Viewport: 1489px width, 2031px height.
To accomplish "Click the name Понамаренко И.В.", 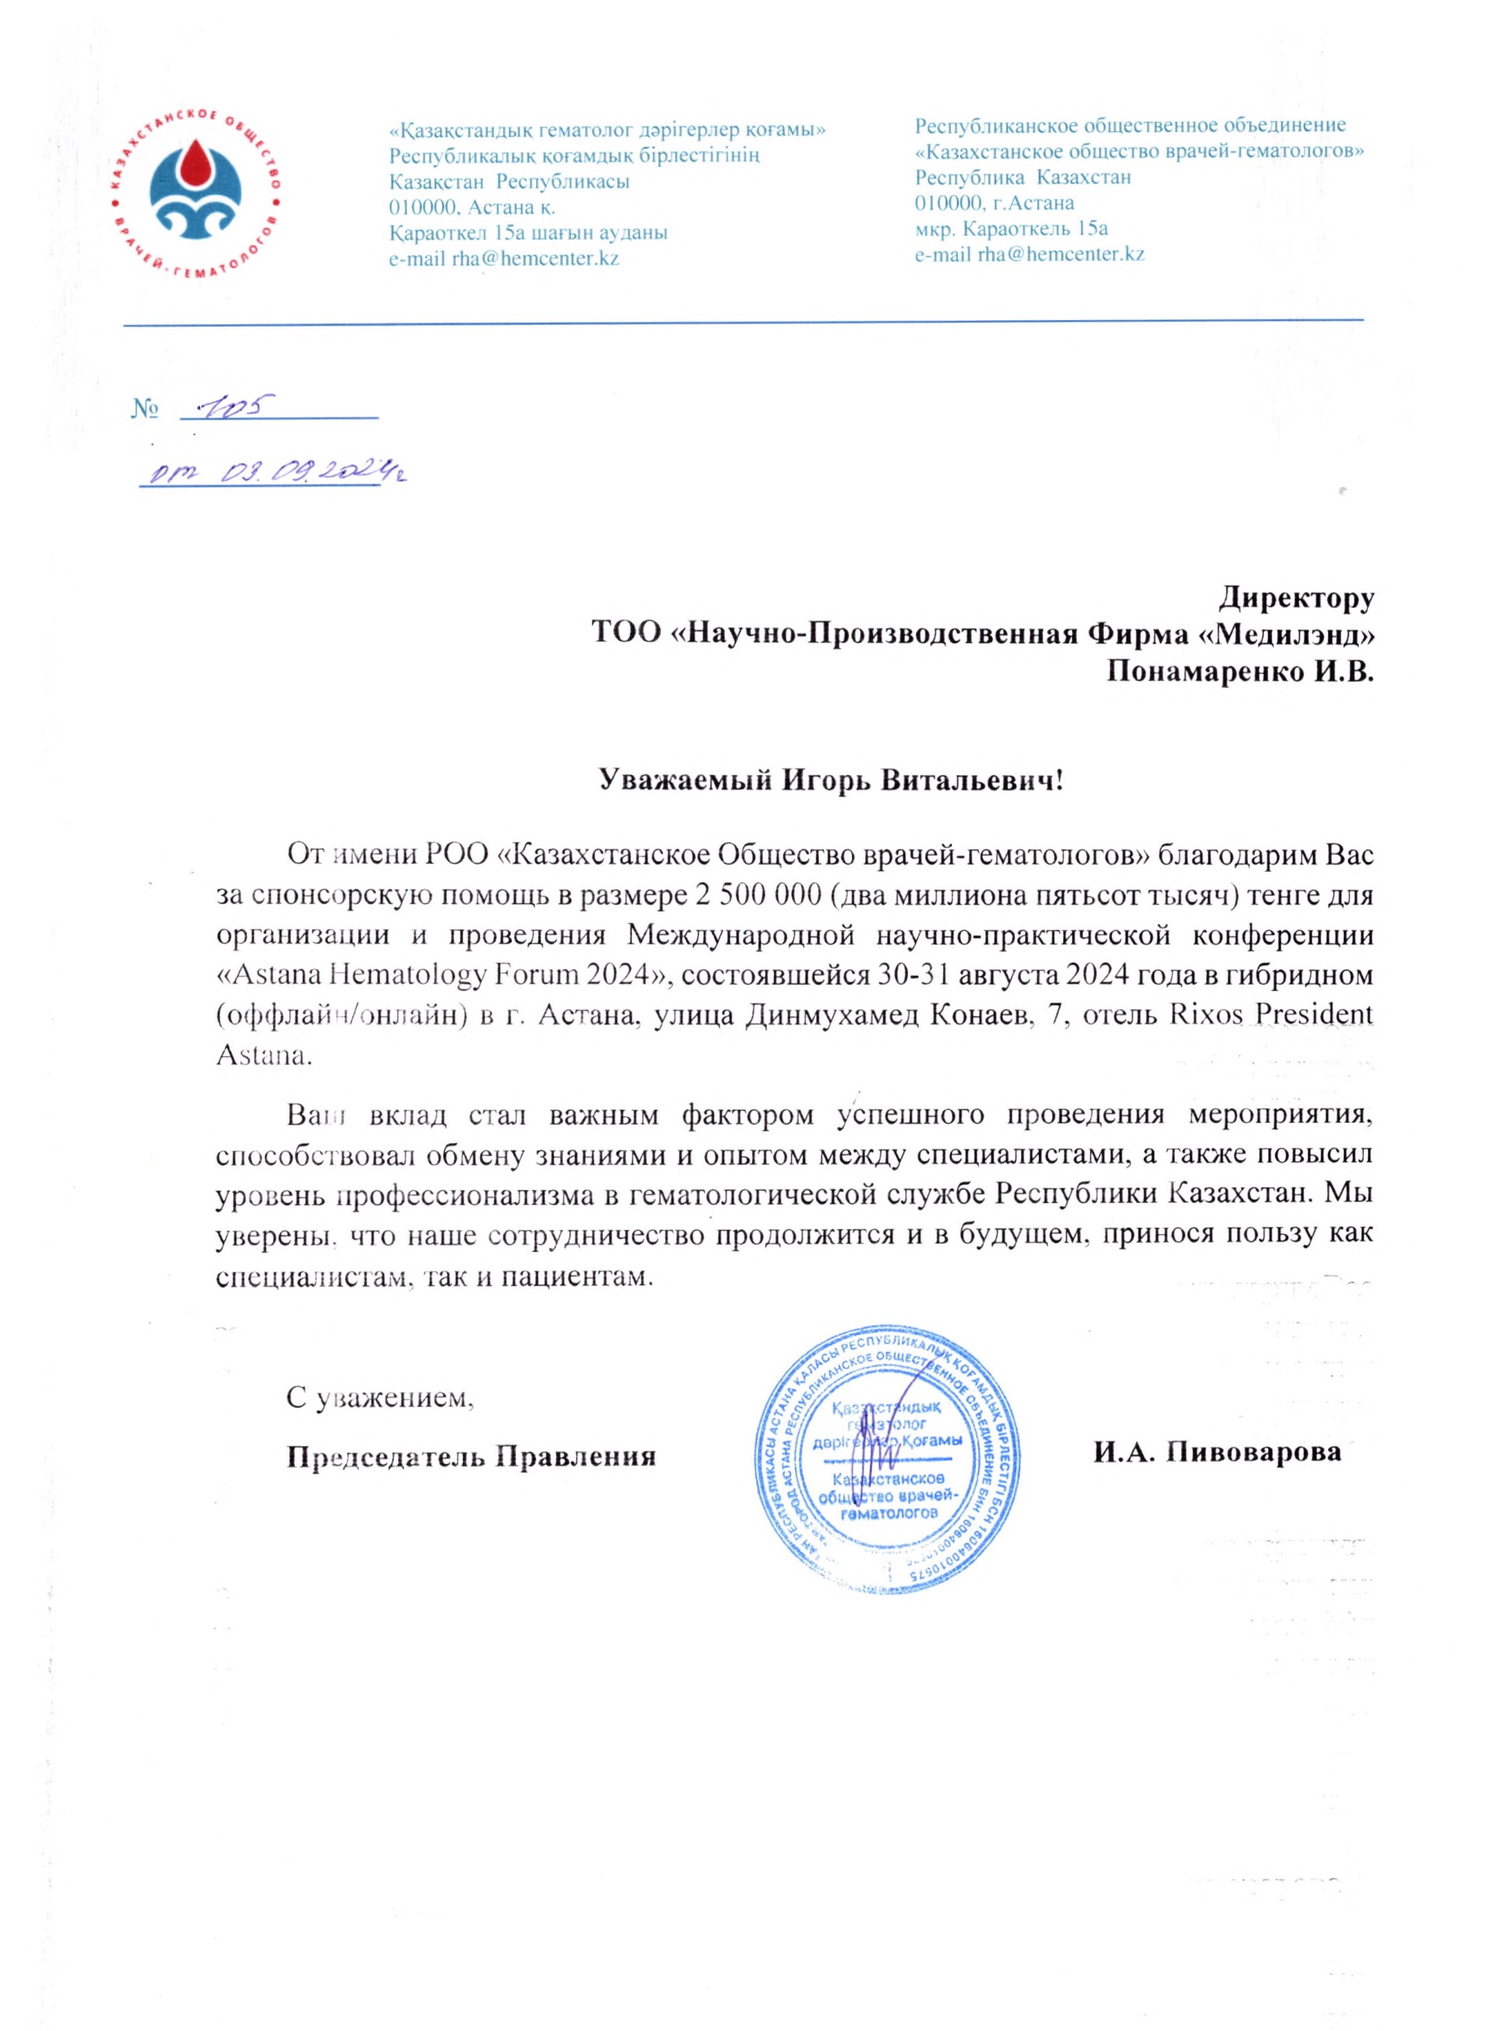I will point(1240,672).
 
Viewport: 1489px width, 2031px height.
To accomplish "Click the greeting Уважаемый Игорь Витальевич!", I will point(831,780).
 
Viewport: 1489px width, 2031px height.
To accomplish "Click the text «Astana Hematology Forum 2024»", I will point(447,975).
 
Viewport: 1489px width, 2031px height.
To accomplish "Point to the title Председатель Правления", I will point(470,1456).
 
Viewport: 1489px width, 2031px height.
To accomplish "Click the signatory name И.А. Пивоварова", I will point(1217,1453).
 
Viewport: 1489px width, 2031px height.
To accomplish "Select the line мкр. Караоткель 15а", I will point(1011,228).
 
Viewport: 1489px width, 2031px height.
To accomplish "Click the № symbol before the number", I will point(145,409).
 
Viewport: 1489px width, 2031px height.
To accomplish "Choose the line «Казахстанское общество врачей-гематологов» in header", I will point(1138,150).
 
